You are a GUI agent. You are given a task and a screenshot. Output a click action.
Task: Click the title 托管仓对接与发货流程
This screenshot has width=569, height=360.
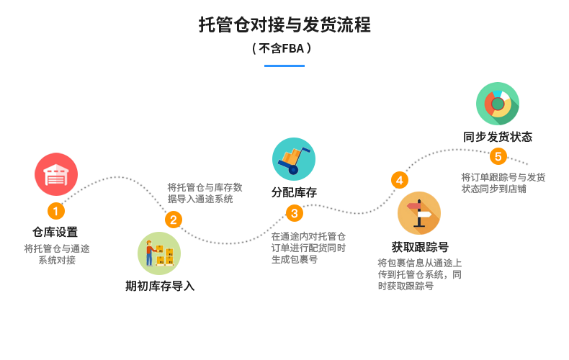pyautogui.click(x=284, y=25)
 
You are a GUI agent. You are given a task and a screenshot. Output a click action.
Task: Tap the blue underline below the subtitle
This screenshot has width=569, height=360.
pyautogui.click(x=284, y=66)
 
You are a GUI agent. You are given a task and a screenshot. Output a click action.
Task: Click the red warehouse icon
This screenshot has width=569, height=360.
pyautogui.click(x=56, y=174)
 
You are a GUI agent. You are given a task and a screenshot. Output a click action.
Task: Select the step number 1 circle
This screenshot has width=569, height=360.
pyautogui.click(x=55, y=212)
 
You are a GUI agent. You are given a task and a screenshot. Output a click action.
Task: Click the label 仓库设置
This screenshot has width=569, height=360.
pyautogui.click(x=55, y=232)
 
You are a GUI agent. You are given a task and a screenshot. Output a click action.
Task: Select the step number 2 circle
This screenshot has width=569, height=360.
pyautogui.click(x=173, y=220)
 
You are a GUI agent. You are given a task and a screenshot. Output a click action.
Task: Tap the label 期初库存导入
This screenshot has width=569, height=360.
pyautogui.click(x=160, y=286)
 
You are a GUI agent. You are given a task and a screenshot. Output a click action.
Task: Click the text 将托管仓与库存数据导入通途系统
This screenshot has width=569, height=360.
pyautogui.click(x=205, y=192)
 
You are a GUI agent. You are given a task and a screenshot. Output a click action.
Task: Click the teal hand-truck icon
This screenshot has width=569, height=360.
pyautogui.click(x=293, y=159)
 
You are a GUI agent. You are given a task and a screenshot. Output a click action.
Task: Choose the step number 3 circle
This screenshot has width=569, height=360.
pyautogui.click(x=294, y=213)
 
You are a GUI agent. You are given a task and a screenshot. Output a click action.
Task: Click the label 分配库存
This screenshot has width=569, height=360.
pyautogui.click(x=294, y=192)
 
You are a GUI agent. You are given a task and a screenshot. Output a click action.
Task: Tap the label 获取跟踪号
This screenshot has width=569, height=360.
pyautogui.click(x=420, y=247)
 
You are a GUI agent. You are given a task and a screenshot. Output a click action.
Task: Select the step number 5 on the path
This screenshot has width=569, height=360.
pyautogui.click(x=498, y=156)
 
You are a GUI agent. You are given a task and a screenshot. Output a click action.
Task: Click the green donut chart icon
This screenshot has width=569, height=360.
pyautogui.click(x=498, y=104)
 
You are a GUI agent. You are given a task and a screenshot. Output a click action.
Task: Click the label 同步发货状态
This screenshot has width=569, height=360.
pyautogui.click(x=498, y=137)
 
